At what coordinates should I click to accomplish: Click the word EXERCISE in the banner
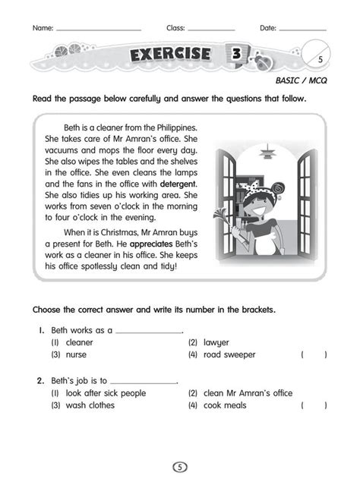172,55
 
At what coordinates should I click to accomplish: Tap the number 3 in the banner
237,55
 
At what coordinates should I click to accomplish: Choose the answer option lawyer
216,342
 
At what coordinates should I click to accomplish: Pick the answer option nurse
75,354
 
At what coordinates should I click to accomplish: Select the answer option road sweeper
229,354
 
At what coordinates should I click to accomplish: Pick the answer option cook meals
225,405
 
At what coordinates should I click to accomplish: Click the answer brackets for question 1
314,354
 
